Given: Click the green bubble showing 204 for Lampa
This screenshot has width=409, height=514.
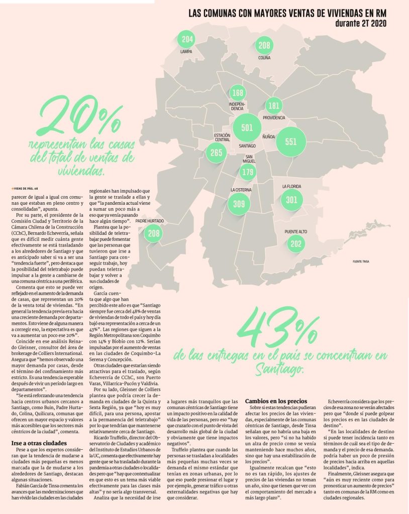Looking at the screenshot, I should pyautogui.click(x=187, y=40).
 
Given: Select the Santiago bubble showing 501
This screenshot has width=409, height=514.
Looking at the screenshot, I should pyautogui.click(x=247, y=128).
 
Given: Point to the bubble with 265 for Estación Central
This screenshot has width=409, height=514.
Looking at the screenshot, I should pyautogui.click(x=217, y=153).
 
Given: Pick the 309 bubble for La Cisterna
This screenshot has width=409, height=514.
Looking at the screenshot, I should pyautogui.click(x=239, y=204).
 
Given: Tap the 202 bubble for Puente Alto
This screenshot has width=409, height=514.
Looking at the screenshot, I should pyautogui.click(x=296, y=244).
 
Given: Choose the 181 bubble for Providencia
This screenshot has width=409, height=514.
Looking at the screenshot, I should pyautogui.click(x=274, y=106).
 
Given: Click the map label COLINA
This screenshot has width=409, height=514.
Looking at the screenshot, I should pyautogui.click(x=264, y=58).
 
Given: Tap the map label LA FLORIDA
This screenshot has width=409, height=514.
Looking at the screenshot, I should pyautogui.click(x=291, y=187).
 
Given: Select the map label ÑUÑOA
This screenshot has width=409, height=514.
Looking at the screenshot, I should pyautogui.click(x=269, y=136).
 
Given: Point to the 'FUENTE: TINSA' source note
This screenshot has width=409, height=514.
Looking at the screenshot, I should pyautogui.click(x=364, y=262).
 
